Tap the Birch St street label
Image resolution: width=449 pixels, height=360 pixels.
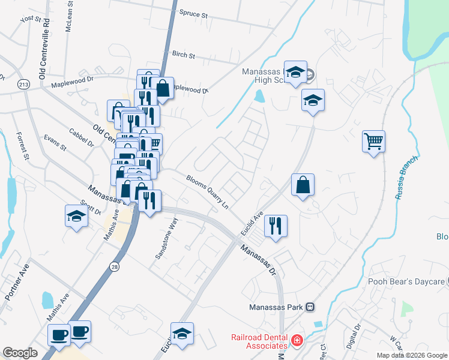pyautogui.click(x=184, y=55)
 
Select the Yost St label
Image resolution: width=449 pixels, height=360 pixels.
pyautogui.click(x=30, y=19)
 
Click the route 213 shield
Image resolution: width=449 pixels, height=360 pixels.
pyautogui.click(x=23, y=83)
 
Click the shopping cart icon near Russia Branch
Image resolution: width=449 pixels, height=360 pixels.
pyautogui.click(x=373, y=142)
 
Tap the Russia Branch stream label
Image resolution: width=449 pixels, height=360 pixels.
pyautogui.click(x=405, y=181)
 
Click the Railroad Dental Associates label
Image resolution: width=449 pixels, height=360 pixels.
pyautogui.click(x=259, y=341)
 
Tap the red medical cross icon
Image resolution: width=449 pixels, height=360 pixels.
pyautogui.click(x=296, y=341)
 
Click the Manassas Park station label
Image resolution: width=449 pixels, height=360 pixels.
pyautogui.click(x=279, y=307)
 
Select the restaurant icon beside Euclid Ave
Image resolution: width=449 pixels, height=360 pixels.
pyautogui.click(x=276, y=226)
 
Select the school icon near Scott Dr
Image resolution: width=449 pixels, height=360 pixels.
pyautogui.click(x=77, y=216)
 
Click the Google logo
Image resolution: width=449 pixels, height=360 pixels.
pyautogui.click(x=20, y=353)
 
